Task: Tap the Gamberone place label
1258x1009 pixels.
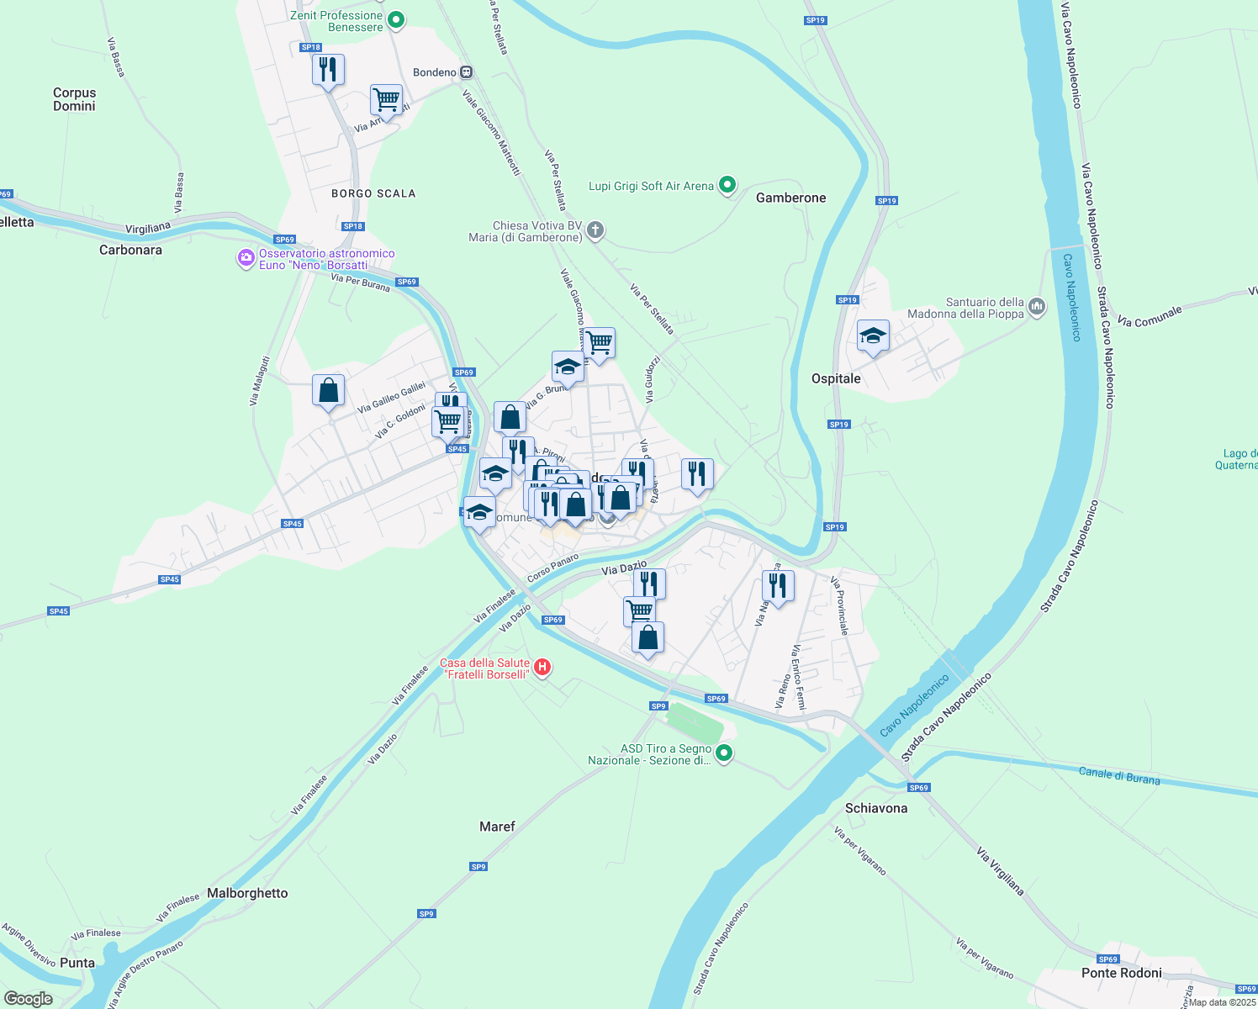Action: point(790,198)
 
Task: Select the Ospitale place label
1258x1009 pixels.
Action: point(836,378)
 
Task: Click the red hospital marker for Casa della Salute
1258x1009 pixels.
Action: point(542,668)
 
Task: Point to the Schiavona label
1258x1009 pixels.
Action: point(876,808)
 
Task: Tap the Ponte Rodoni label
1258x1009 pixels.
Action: point(1121,973)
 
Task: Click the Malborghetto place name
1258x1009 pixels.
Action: point(247,893)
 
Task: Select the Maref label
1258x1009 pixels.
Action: point(497,827)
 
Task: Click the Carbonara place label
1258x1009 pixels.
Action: point(130,250)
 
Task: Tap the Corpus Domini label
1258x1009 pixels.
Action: point(74,99)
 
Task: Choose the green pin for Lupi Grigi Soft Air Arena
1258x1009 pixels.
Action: point(728,185)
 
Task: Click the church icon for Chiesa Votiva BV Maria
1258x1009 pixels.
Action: point(595,230)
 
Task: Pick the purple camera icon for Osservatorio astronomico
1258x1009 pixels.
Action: point(246,258)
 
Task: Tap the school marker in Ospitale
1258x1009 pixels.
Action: point(873,335)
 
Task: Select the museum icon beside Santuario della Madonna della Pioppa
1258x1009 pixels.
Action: point(1036,307)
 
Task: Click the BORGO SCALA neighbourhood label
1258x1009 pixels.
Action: point(373,193)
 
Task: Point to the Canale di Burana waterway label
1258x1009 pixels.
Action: point(1118,776)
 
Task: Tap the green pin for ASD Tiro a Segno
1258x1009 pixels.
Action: point(725,753)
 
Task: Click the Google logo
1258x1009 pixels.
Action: point(29,998)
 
